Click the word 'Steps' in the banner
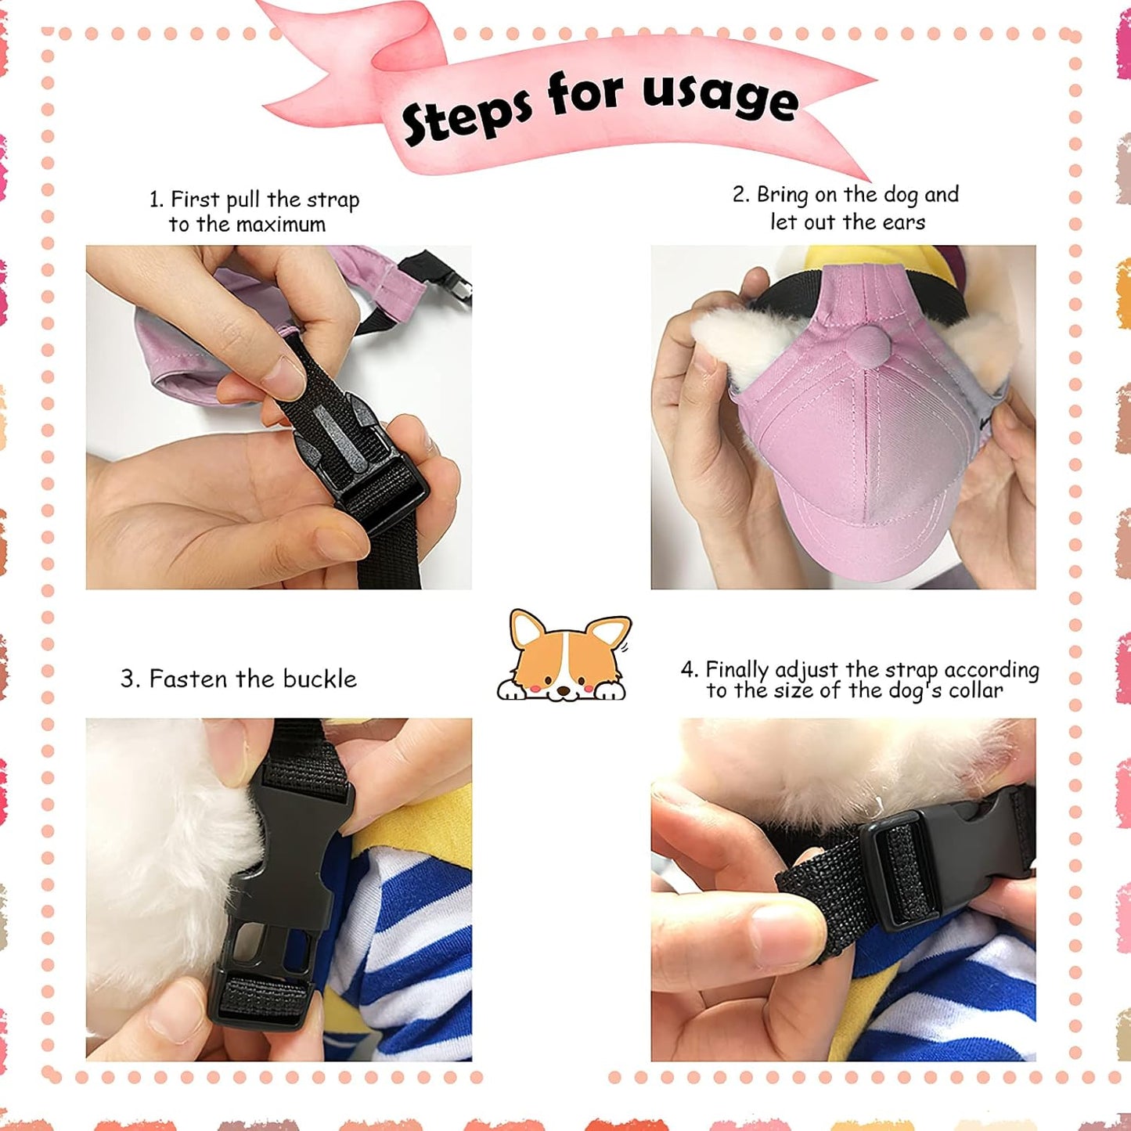coord(466,113)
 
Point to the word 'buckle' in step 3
coord(319,679)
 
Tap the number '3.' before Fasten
coord(131,679)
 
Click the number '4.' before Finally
coord(690,670)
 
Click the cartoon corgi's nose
coord(564,691)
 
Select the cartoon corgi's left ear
coord(527,630)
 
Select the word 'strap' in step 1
coord(333,200)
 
